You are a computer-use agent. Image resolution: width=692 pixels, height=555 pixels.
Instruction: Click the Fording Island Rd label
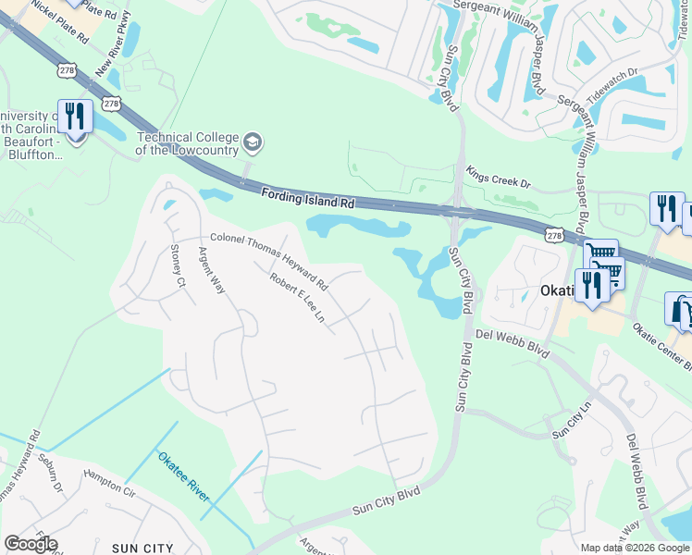pyautogui.click(x=308, y=196)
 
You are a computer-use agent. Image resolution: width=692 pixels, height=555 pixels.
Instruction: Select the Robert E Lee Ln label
pyautogui.click(x=297, y=297)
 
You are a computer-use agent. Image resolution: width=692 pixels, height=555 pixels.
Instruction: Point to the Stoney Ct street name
pyautogui.click(x=179, y=265)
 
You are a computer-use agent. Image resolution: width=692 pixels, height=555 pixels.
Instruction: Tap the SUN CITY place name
pyautogui.click(x=143, y=548)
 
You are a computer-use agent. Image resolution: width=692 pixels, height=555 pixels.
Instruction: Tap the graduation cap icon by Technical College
pyautogui.click(x=253, y=143)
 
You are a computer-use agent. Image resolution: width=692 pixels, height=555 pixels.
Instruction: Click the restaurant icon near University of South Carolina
pyautogui.click(x=75, y=117)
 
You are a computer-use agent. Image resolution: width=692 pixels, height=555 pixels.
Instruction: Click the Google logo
pyautogui.click(x=31, y=544)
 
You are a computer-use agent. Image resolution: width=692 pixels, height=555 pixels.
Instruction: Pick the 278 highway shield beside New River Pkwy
pyautogui.click(x=112, y=103)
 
